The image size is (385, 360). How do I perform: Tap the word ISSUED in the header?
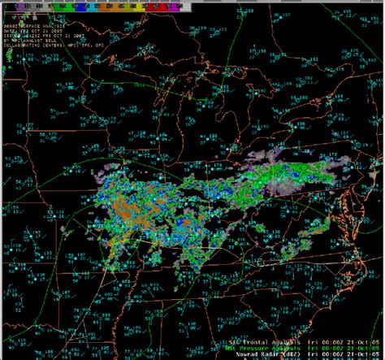pyautogui.click(x=11, y=36)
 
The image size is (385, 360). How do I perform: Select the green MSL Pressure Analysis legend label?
pyautogui.click(x=251, y=345)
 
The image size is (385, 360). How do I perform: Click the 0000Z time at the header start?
pyautogui.click(x=9, y=24)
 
